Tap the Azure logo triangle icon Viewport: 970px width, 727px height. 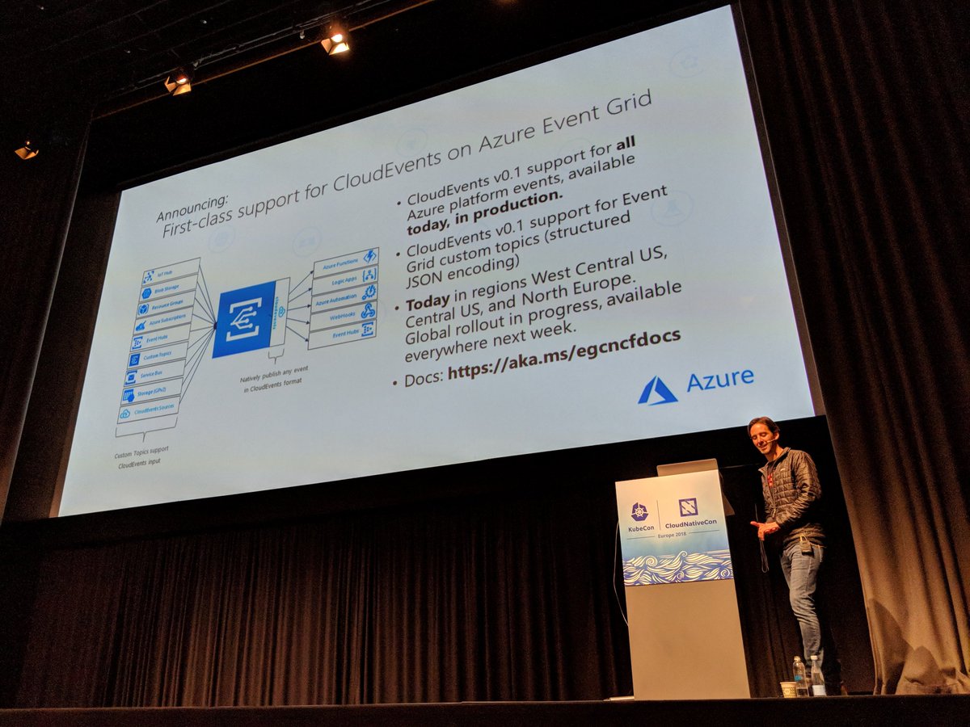pos(657,391)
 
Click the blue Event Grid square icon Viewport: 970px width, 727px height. pos(243,319)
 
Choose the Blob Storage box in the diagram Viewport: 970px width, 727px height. pos(168,289)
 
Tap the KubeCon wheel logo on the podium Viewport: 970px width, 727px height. pos(639,511)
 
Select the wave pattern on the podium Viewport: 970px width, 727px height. pos(677,567)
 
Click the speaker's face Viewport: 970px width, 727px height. pos(761,437)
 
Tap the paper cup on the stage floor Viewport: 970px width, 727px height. pos(787,689)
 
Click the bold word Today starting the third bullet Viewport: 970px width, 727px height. pos(427,305)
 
